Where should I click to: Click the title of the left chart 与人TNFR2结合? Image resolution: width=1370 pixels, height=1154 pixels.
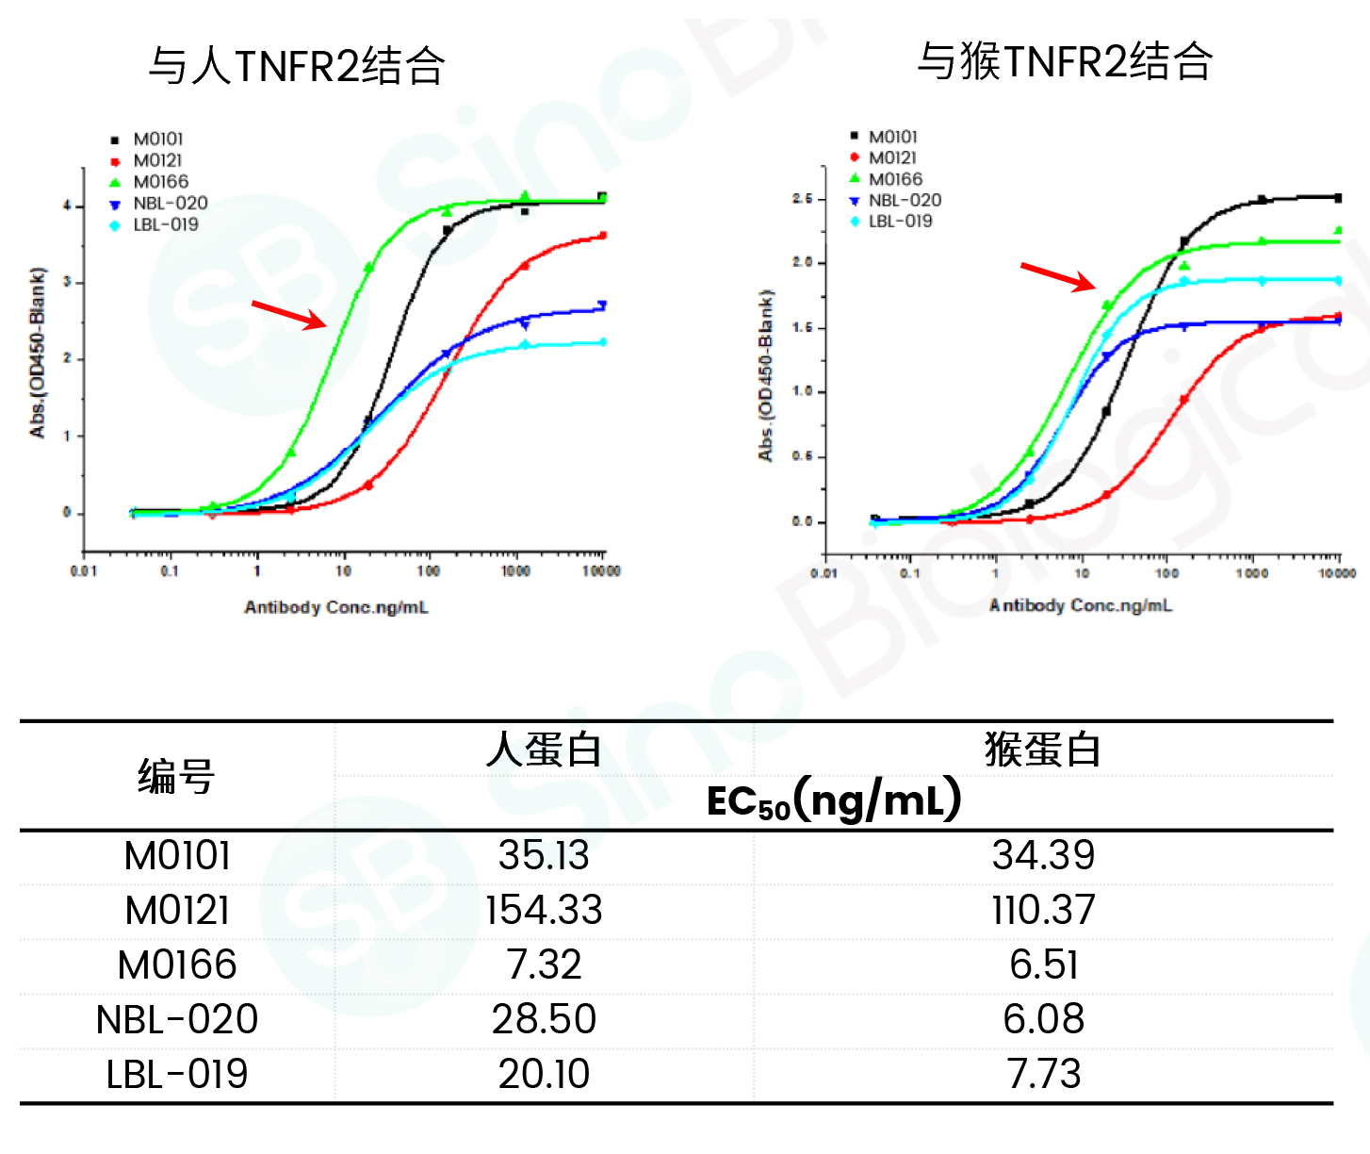click(297, 66)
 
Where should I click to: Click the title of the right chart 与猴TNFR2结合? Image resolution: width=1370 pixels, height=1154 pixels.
click(1065, 61)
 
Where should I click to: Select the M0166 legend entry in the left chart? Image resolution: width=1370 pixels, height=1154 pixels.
click(160, 182)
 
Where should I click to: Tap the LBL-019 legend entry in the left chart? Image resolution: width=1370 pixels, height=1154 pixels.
click(165, 224)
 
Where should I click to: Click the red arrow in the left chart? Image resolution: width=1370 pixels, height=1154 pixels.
click(289, 314)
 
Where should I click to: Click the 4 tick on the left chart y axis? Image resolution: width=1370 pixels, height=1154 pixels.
click(67, 206)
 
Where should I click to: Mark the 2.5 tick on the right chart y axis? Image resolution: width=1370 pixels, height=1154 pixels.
click(802, 199)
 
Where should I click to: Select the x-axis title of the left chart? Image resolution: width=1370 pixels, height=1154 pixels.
click(336, 607)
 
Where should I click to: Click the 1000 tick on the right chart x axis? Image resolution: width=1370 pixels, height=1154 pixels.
click(1251, 572)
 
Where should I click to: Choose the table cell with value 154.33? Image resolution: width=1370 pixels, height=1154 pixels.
click(544, 911)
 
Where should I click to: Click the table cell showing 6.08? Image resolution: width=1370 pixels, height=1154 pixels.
click(1043, 1019)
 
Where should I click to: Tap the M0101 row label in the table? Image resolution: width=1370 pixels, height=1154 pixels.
click(177, 856)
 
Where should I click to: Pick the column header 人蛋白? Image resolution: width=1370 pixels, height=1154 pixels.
click(544, 750)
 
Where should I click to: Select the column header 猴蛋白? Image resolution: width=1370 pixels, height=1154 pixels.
click(1043, 750)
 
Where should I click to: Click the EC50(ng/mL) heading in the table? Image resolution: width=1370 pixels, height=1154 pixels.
click(834, 800)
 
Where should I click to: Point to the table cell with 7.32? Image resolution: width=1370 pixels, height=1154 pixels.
click(544, 964)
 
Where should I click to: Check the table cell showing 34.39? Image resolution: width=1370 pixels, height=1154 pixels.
click(1043, 856)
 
